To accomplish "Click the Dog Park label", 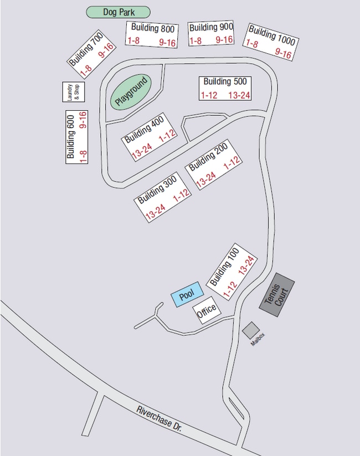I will click(119, 12).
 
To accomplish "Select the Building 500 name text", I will click(224, 82).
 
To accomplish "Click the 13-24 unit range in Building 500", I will click(239, 95).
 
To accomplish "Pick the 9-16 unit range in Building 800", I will click(167, 42).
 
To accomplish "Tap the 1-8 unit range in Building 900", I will click(196, 41).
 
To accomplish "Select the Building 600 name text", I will click(71, 141).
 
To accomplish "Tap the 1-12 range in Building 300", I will click(182, 196).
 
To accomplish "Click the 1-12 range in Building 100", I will click(230, 289).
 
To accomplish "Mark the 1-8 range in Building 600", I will click(84, 156).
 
